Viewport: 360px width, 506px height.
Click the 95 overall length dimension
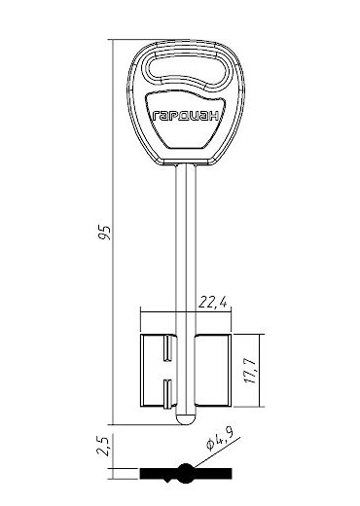click(x=105, y=233)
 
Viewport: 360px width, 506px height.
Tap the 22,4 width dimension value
click(x=213, y=303)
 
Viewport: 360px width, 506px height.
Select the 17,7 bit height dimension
click(x=251, y=371)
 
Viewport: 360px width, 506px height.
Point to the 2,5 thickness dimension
click(x=104, y=446)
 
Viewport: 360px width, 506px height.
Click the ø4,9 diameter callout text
click(x=220, y=441)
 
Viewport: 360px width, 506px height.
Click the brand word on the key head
click(x=186, y=116)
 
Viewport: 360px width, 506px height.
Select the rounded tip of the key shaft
click(x=186, y=418)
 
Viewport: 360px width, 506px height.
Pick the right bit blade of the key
click(x=213, y=371)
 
